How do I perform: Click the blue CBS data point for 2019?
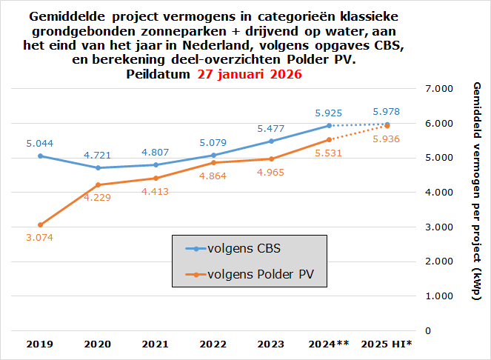pyautogui.click(x=40, y=156)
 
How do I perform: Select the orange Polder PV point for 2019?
pyautogui.click(x=40, y=224)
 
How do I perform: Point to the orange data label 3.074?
pyautogui.click(x=40, y=237)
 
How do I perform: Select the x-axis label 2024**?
pyautogui.click(x=329, y=344)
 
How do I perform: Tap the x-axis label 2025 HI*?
pyautogui.click(x=386, y=344)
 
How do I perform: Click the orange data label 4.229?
pyautogui.click(x=98, y=197)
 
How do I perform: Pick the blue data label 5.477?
pyautogui.click(x=271, y=128)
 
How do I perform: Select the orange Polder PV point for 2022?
pyautogui.click(x=213, y=163)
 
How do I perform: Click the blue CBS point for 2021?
pyautogui.click(x=156, y=164)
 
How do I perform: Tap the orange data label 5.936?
pyautogui.click(x=387, y=139)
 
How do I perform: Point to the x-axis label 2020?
pyautogui.click(x=98, y=344)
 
